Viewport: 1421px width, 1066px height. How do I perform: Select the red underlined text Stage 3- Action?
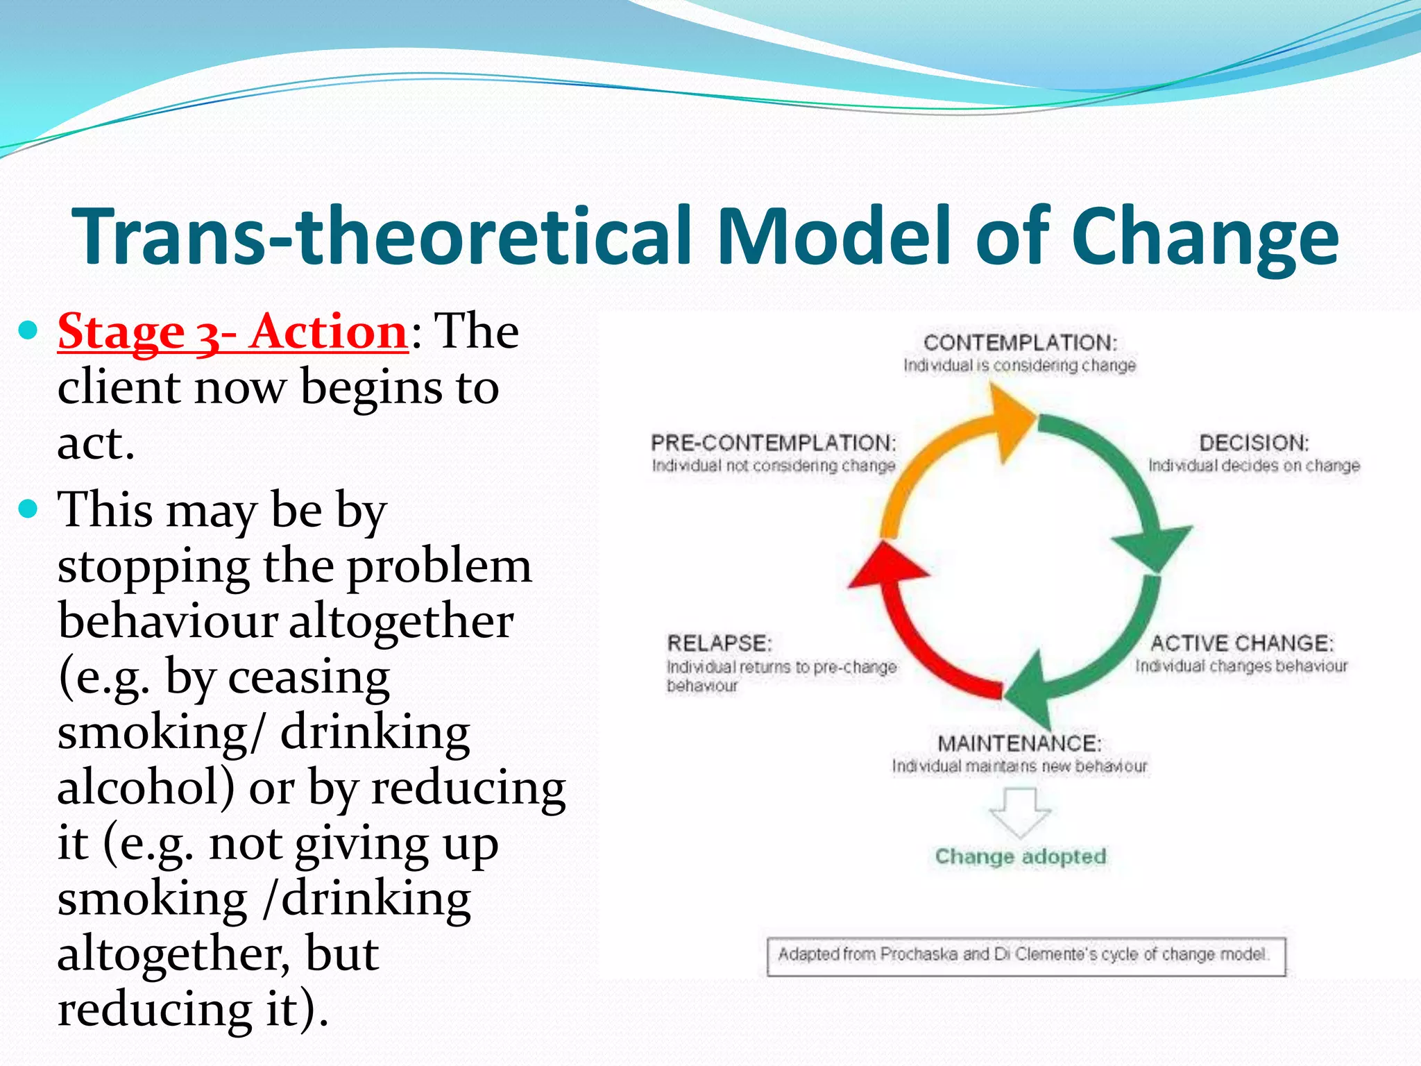click(x=232, y=332)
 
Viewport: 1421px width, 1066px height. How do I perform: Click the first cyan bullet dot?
click(x=28, y=330)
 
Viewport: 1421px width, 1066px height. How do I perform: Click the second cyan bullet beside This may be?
click(x=28, y=510)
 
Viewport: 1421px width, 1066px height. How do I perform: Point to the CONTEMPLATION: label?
click(x=1020, y=343)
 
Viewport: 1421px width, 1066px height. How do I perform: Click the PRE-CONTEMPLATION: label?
click(x=773, y=443)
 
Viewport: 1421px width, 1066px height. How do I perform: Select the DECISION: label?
click(x=1253, y=443)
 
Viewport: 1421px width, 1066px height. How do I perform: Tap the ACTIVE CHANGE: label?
click(x=1241, y=643)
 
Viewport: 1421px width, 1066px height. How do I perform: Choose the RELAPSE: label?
click(x=719, y=643)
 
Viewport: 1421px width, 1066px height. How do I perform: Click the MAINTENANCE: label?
click(x=1019, y=743)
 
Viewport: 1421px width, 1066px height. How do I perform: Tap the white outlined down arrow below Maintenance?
click(x=1020, y=812)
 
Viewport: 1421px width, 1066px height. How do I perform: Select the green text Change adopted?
click(x=1020, y=856)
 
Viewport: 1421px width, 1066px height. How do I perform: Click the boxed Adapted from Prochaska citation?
click(x=1026, y=956)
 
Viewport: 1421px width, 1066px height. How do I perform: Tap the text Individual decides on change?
click(x=1253, y=466)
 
